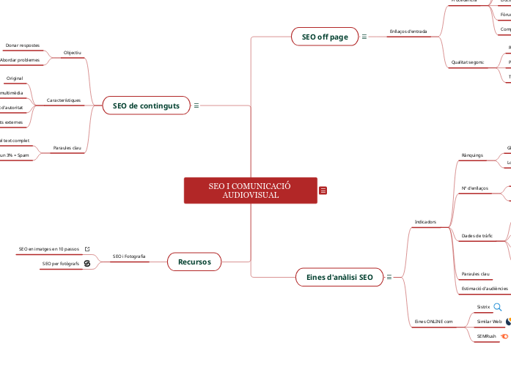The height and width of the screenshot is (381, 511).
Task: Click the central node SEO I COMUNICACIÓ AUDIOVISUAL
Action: (x=250, y=190)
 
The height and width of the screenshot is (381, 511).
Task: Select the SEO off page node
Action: (x=325, y=37)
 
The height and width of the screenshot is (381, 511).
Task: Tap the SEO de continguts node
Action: (x=146, y=106)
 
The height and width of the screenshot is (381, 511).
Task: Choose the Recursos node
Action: (x=194, y=262)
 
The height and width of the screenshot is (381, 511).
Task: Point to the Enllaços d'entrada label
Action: (x=408, y=32)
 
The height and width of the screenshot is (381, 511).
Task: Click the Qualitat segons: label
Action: (x=467, y=62)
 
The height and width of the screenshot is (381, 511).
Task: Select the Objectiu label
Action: (x=73, y=53)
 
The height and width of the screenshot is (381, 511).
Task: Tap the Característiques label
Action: (x=64, y=100)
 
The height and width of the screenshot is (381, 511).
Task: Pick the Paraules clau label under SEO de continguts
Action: (x=67, y=148)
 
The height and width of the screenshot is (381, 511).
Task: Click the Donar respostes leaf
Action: (x=23, y=45)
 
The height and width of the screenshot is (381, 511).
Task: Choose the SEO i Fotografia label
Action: (x=129, y=256)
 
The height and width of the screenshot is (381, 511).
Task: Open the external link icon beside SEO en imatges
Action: (x=87, y=249)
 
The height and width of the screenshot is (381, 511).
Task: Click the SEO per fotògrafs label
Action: (x=61, y=263)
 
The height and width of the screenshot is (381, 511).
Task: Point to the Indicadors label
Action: (x=425, y=221)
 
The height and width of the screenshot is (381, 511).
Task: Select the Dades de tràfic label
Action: (x=477, y=236)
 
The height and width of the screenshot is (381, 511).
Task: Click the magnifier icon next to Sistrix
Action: (x=498, y=307)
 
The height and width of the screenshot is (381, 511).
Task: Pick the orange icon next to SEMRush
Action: (x=504, y=336)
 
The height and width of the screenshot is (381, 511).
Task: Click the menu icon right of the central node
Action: (x=323, y=190)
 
